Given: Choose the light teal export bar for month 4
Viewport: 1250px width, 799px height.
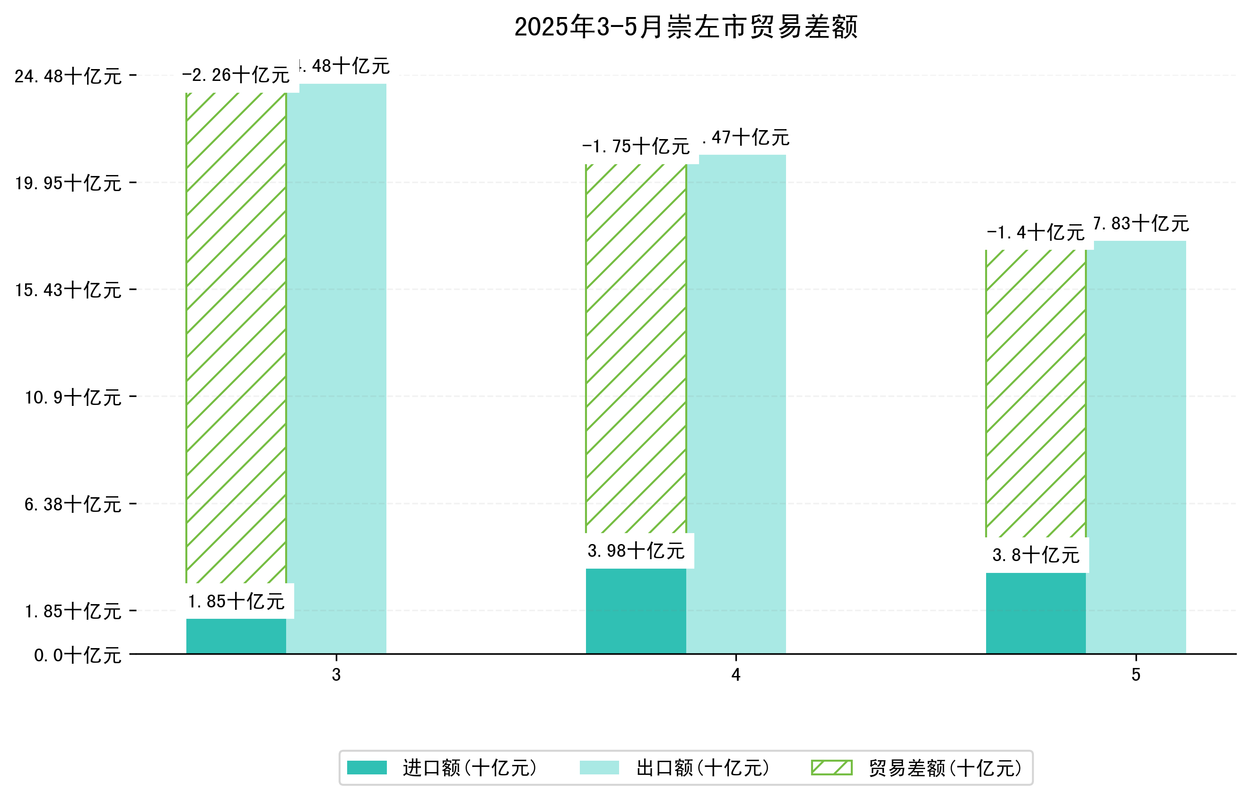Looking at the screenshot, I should [x=736, y=405].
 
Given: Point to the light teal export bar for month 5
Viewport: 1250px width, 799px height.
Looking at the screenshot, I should [x=1136, y=447].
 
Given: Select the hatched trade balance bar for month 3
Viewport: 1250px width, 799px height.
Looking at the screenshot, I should [x=236, y=337].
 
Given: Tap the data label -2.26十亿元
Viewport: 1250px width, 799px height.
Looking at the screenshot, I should [x=236, y=75].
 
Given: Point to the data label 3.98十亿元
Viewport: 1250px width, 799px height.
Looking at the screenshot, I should [x=636, y=551].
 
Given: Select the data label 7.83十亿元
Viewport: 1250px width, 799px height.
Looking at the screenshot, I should [x=1141, y=224].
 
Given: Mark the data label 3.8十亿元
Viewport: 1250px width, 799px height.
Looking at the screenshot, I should [x=1036, y=555].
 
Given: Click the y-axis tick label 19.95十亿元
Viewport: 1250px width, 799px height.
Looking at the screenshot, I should [x=68, y=183].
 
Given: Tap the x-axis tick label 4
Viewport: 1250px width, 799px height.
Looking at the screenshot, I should [x=735, y=675].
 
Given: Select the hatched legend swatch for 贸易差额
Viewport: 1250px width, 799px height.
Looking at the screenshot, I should [x=831, y=768].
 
